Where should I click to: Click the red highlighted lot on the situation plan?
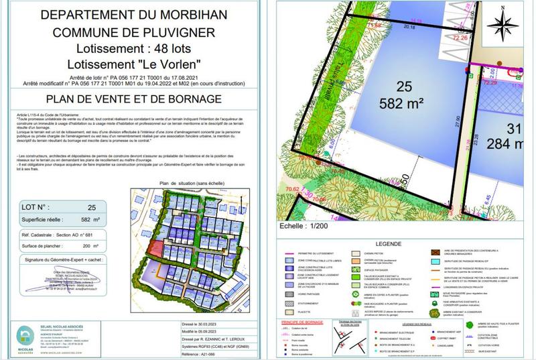[153, 249]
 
